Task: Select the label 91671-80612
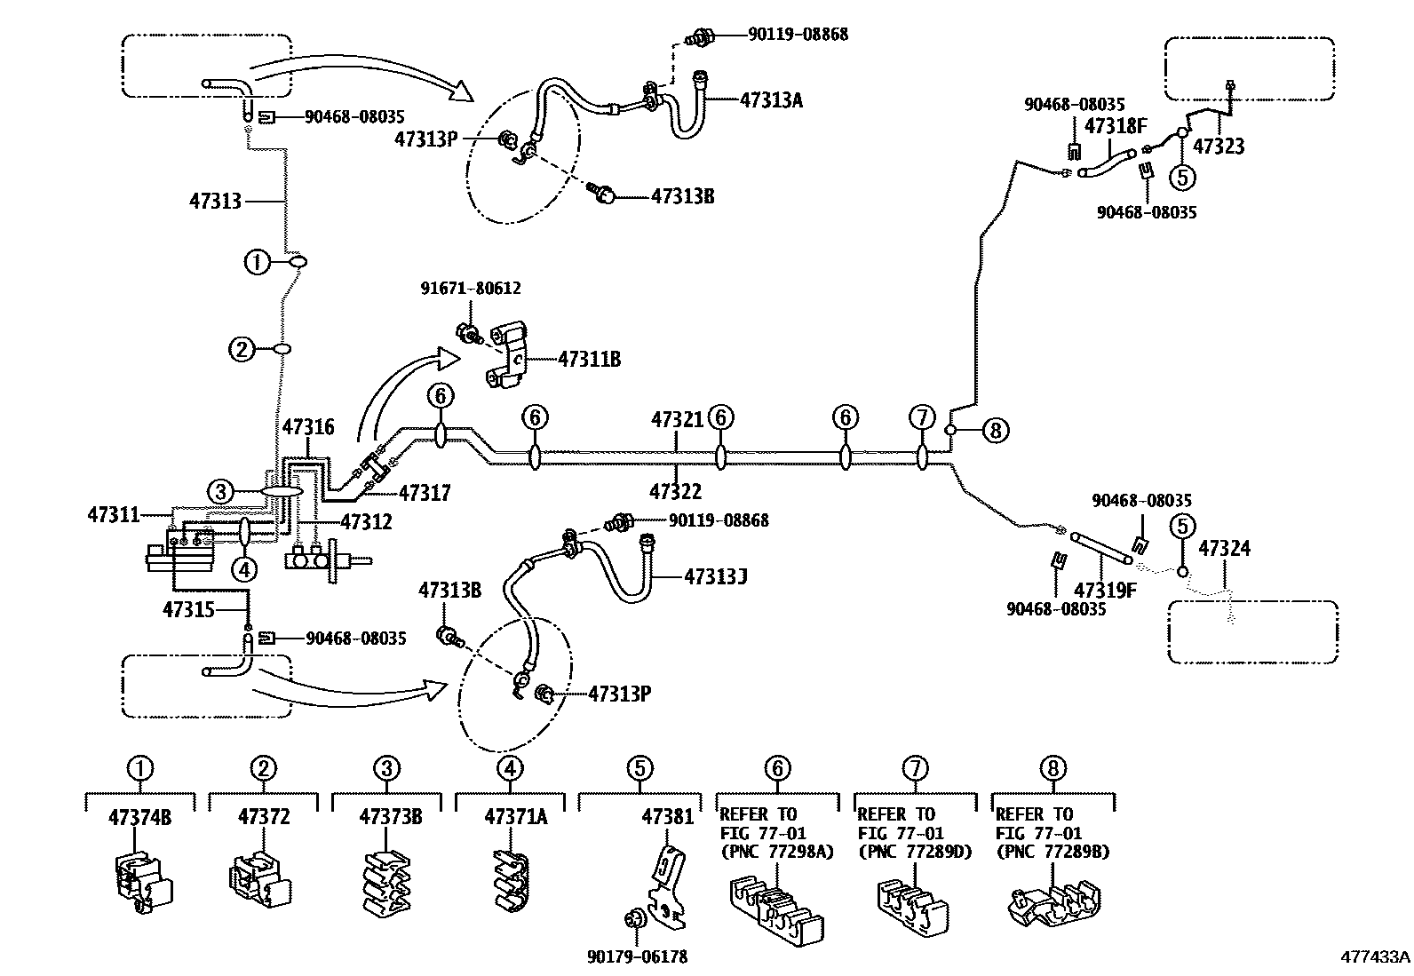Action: pyautogui.click(x=470, y=289)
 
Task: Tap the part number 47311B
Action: pyautogui.click(x=589, y=360)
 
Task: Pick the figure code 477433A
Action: pyautogui.click(x=1375, y=957)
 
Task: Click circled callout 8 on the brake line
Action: pyautogui.click(x=995, y=431)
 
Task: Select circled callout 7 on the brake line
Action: pyautogui.click(x=922, y=417)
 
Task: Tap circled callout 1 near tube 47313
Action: pyautogui.click(x=256, y=261)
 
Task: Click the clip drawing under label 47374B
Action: pyautogui.click(x=142, y=881)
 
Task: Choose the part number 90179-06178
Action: pyautogui.click(x=637, y=956)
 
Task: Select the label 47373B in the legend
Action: pyautogui.click(x=390, y=816)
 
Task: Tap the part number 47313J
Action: pyautogui.click(x=715, y=576)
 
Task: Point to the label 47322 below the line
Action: pyautogui.click(x=675, y=491)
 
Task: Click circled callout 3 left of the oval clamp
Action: pyautogui.click(x=221, y=491)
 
